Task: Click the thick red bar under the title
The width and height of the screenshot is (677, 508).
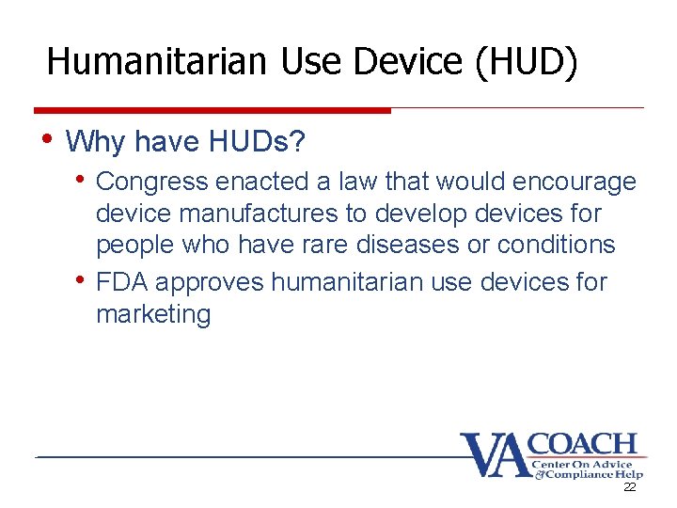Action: [x=212, y=110]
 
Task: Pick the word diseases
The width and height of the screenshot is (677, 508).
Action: [x=425, y=244]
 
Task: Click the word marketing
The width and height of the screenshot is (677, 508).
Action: [x=153, y=314]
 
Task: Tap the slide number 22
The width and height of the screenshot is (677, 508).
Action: [x=630, y=488]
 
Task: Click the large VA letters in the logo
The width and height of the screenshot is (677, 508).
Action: [x=492, y=456]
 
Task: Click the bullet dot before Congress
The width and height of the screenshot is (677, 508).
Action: [x=83, y=178]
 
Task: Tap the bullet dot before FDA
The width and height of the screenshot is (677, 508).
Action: [x=83, y=279]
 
